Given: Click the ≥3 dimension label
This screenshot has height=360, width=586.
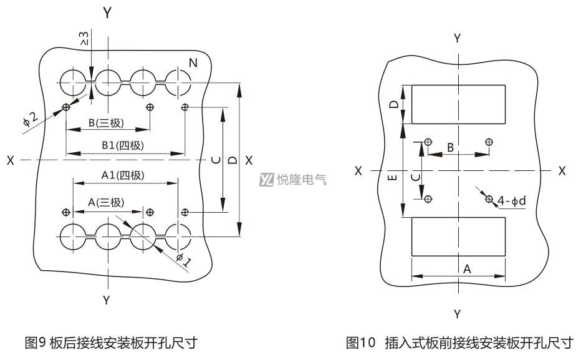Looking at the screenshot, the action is (84, 38).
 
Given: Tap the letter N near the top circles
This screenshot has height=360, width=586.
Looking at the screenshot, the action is (193, 62).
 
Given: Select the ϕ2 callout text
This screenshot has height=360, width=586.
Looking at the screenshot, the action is (31, 119).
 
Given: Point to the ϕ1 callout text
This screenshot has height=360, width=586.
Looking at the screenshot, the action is (184, 258).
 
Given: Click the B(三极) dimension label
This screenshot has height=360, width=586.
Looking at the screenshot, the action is (106, 123).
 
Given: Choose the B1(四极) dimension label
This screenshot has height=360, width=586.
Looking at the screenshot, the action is (123, 145).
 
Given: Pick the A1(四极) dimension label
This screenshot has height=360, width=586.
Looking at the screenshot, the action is (123, 175).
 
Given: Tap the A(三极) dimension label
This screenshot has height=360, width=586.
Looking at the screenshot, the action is (106, 202).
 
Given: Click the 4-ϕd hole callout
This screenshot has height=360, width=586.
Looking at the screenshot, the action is (511, 201).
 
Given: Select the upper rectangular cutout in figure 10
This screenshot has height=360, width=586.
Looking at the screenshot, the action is (458, 85).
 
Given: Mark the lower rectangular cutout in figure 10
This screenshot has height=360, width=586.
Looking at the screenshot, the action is (458, 218).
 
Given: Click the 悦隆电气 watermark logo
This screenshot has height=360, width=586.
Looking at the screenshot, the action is (293, 180).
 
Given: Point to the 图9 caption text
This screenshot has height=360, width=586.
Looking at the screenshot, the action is (110, 343).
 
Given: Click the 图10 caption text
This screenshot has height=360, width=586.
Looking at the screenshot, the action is (459, 343).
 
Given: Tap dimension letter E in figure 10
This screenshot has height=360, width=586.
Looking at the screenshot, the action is (392, 177).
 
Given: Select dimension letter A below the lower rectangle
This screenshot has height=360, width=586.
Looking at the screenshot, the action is (467, 269).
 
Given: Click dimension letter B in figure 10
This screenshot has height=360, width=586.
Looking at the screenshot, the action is (450, 147).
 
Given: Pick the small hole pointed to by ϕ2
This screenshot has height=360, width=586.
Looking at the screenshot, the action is (66, 107).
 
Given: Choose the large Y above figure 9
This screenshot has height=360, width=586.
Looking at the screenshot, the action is (108, 13).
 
